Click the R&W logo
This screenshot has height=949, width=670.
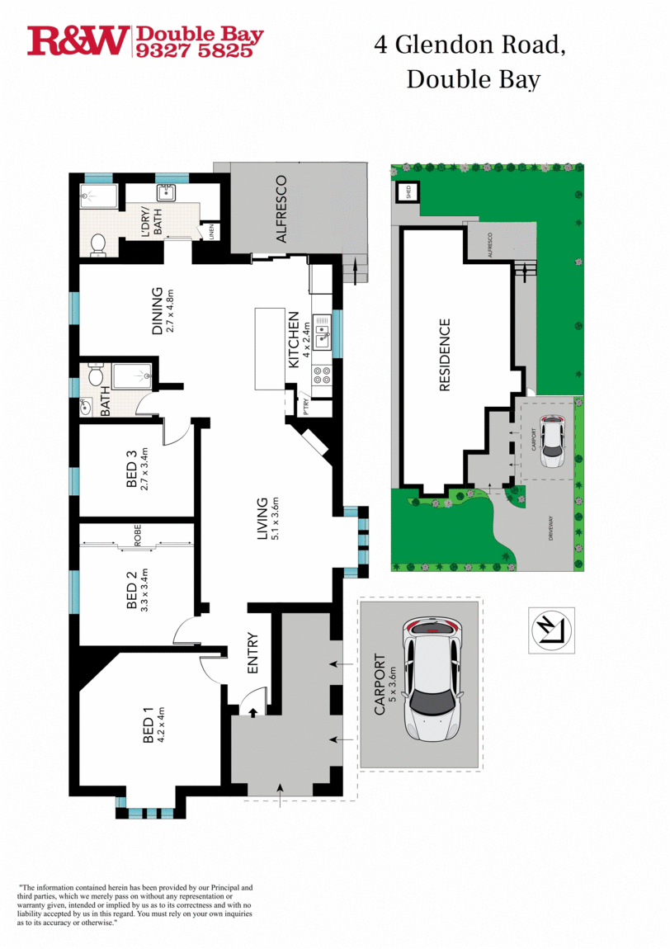tap(78, 40)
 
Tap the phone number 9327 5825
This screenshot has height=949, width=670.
tap(198, 50)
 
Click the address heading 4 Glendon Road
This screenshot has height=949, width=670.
tap(469, 45)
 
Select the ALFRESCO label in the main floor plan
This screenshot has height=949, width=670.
tap(281, 209)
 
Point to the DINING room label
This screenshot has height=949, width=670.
tap(158, 310)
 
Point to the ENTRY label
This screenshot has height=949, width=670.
tap(253, 653)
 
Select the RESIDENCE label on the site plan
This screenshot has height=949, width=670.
tap(445, 355)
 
